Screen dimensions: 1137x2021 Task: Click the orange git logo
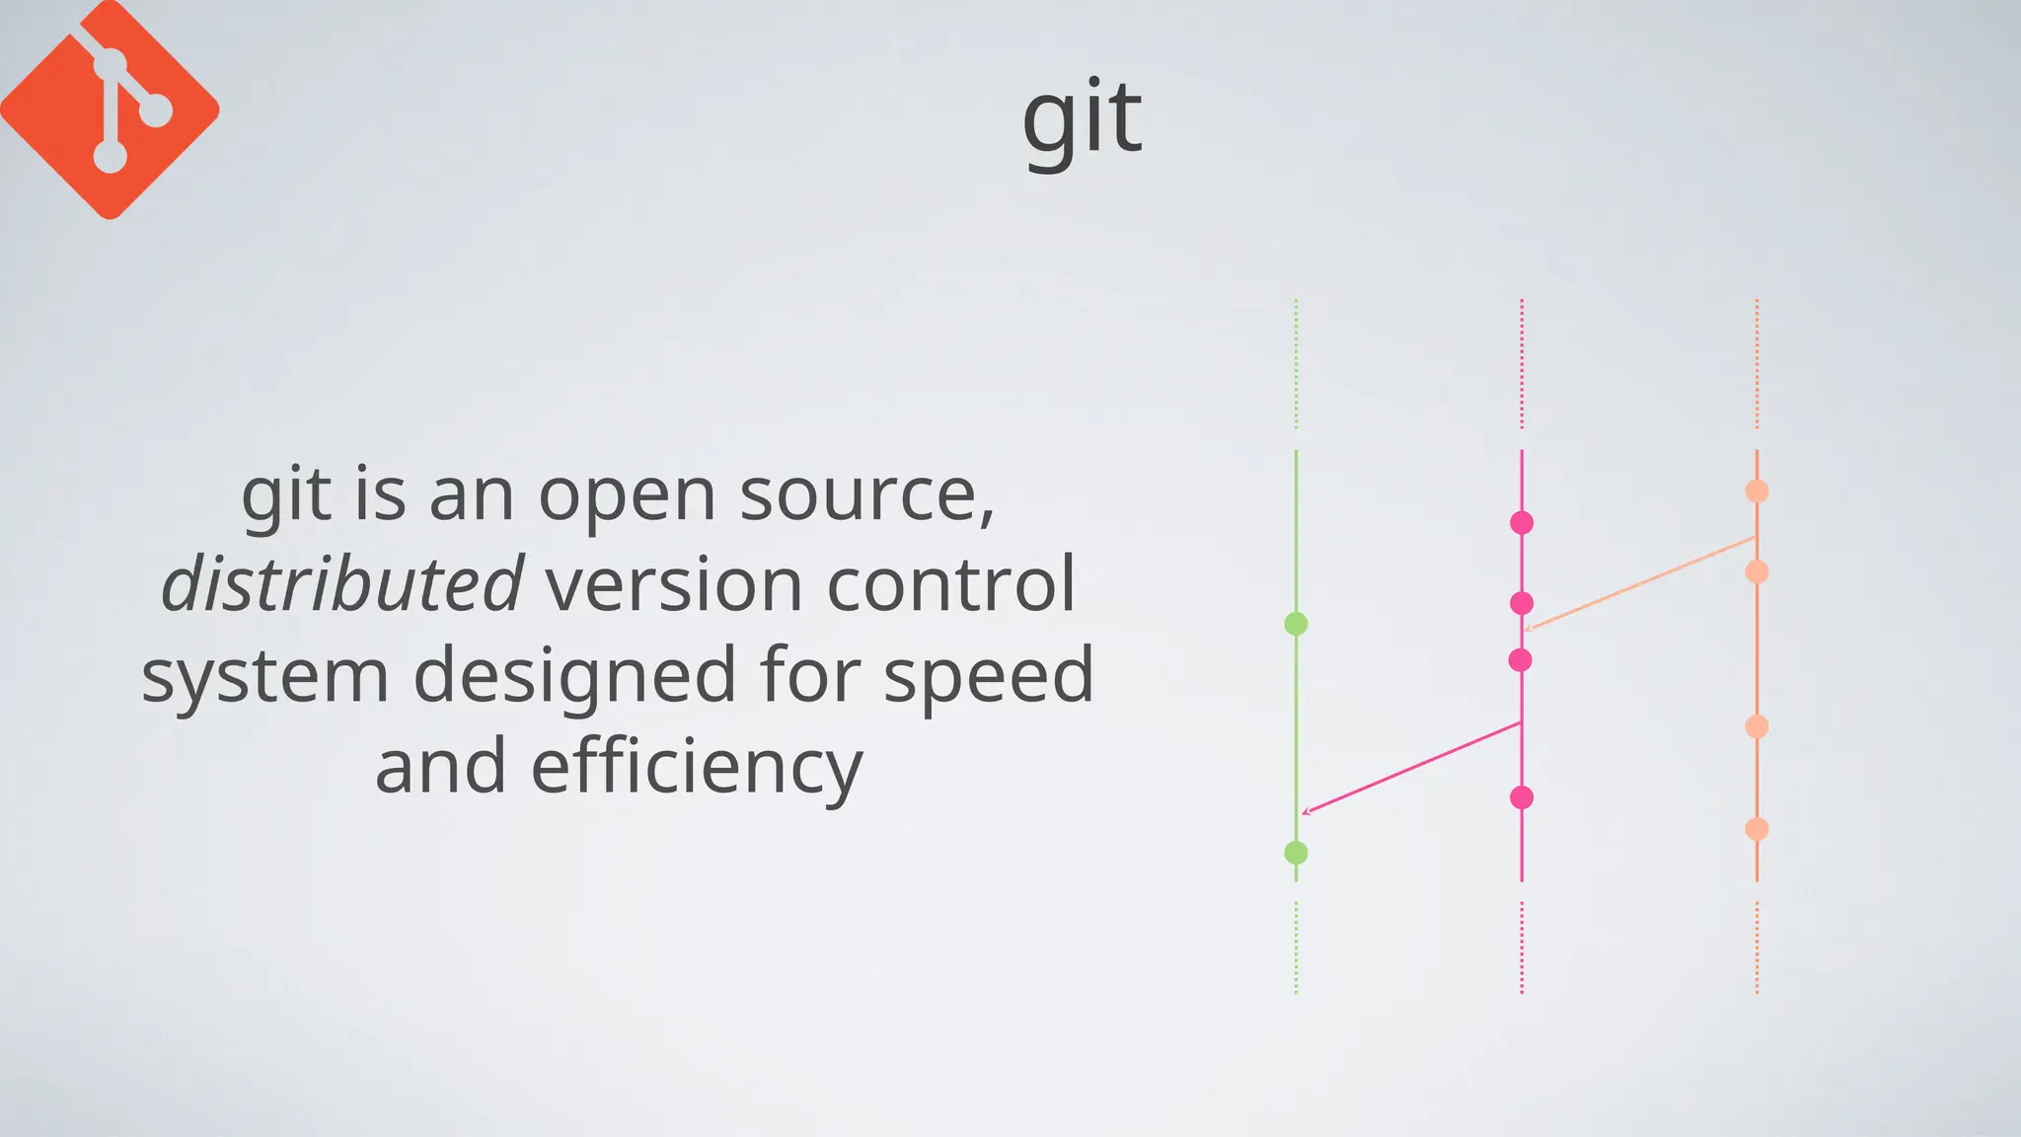[109, 109]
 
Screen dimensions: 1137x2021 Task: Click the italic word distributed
[341, 583]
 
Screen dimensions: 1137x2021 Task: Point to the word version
[674, 583]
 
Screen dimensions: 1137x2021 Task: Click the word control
[950, 583]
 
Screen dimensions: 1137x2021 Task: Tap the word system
[264, 675]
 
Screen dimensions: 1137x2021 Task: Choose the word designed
[574, 675]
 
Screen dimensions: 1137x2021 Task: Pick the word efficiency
[697, 766]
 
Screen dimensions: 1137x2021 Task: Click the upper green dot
[1296, 624]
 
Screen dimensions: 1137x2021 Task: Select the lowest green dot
[1296, 853]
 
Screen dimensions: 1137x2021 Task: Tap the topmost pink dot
[1522, 523]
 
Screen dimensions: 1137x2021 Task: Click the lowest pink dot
[1522, 797]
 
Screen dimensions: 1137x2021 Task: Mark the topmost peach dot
[1757, 492]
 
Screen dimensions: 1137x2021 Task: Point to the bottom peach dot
[1757, 829]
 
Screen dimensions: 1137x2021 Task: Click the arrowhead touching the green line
[1306, 812]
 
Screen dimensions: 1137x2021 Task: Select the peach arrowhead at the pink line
[1529, 628]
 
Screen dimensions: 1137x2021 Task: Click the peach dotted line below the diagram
[1757, 947]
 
